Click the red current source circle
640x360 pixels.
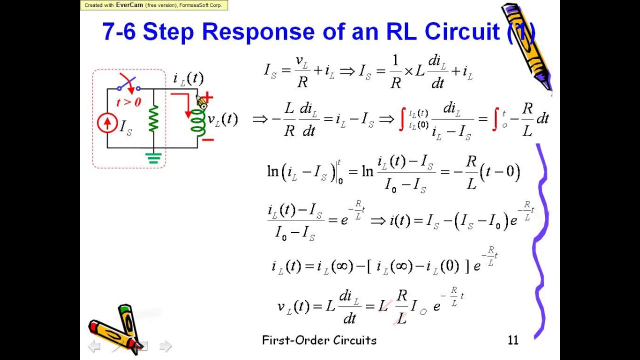[x=107, y=123]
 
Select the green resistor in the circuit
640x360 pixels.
[x=153, y=118]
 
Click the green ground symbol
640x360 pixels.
[x=153, y=158]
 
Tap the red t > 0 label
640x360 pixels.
[x=128, y=102]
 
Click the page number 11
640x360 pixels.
[x=513, y=340]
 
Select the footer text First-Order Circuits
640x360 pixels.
[x=319, y=340]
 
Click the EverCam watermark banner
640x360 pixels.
[x=154, y=5]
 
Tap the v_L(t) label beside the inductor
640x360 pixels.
[x=222, y=119]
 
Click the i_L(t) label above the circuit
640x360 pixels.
[x=188, y=78]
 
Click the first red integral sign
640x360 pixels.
[x=401, y=119]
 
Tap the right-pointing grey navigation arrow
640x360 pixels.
[x=165, y=345]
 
